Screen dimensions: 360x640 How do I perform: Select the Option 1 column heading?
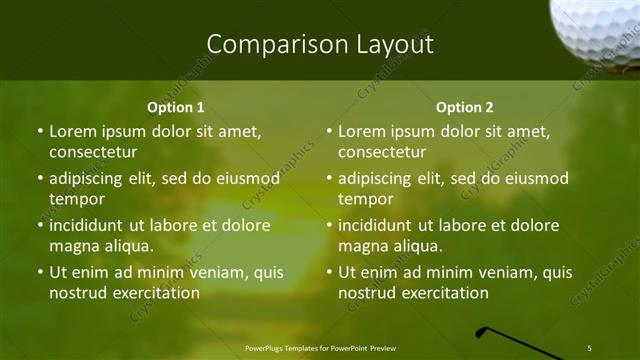click(x=176, y=107)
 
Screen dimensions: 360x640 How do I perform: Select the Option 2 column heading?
click(x=465, y=107)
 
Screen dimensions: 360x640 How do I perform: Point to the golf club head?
click(x=486, y=332)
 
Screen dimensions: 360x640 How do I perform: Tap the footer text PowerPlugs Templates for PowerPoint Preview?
click(x=320, y=348)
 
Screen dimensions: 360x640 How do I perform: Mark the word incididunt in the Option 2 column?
click(x=376, y=225)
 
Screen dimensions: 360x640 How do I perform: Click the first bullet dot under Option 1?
click(x=40, y=131)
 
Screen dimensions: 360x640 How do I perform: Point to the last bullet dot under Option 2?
click(x=329, y=272)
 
